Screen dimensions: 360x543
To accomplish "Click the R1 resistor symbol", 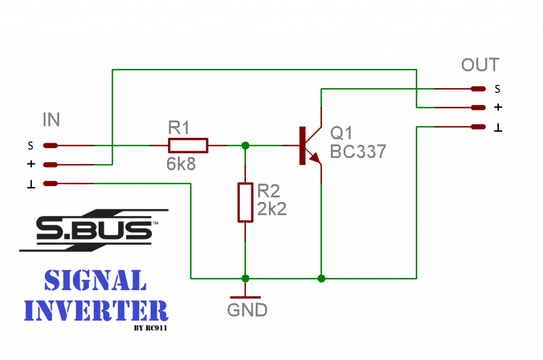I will [188, 145].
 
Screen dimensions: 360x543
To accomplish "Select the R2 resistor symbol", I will [245, 202].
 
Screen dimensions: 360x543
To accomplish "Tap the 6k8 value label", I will [181, 164].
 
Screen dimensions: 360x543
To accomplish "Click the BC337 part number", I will [358, 152].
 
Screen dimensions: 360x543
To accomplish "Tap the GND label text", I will [247, 310].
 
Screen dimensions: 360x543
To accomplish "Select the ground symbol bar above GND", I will [245, 297].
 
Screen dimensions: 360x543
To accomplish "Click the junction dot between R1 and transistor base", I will [245, 145].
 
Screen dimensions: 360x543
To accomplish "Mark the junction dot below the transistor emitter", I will [321, 278].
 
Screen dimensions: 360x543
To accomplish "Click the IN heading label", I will [51, 120].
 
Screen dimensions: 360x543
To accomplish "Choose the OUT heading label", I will [480, 65].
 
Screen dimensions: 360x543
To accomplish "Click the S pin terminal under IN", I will [50, 145].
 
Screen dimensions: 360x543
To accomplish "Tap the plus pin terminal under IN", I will [50, 164].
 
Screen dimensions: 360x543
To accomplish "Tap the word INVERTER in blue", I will [96, 310].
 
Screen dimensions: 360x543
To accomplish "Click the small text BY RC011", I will [154, 328].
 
